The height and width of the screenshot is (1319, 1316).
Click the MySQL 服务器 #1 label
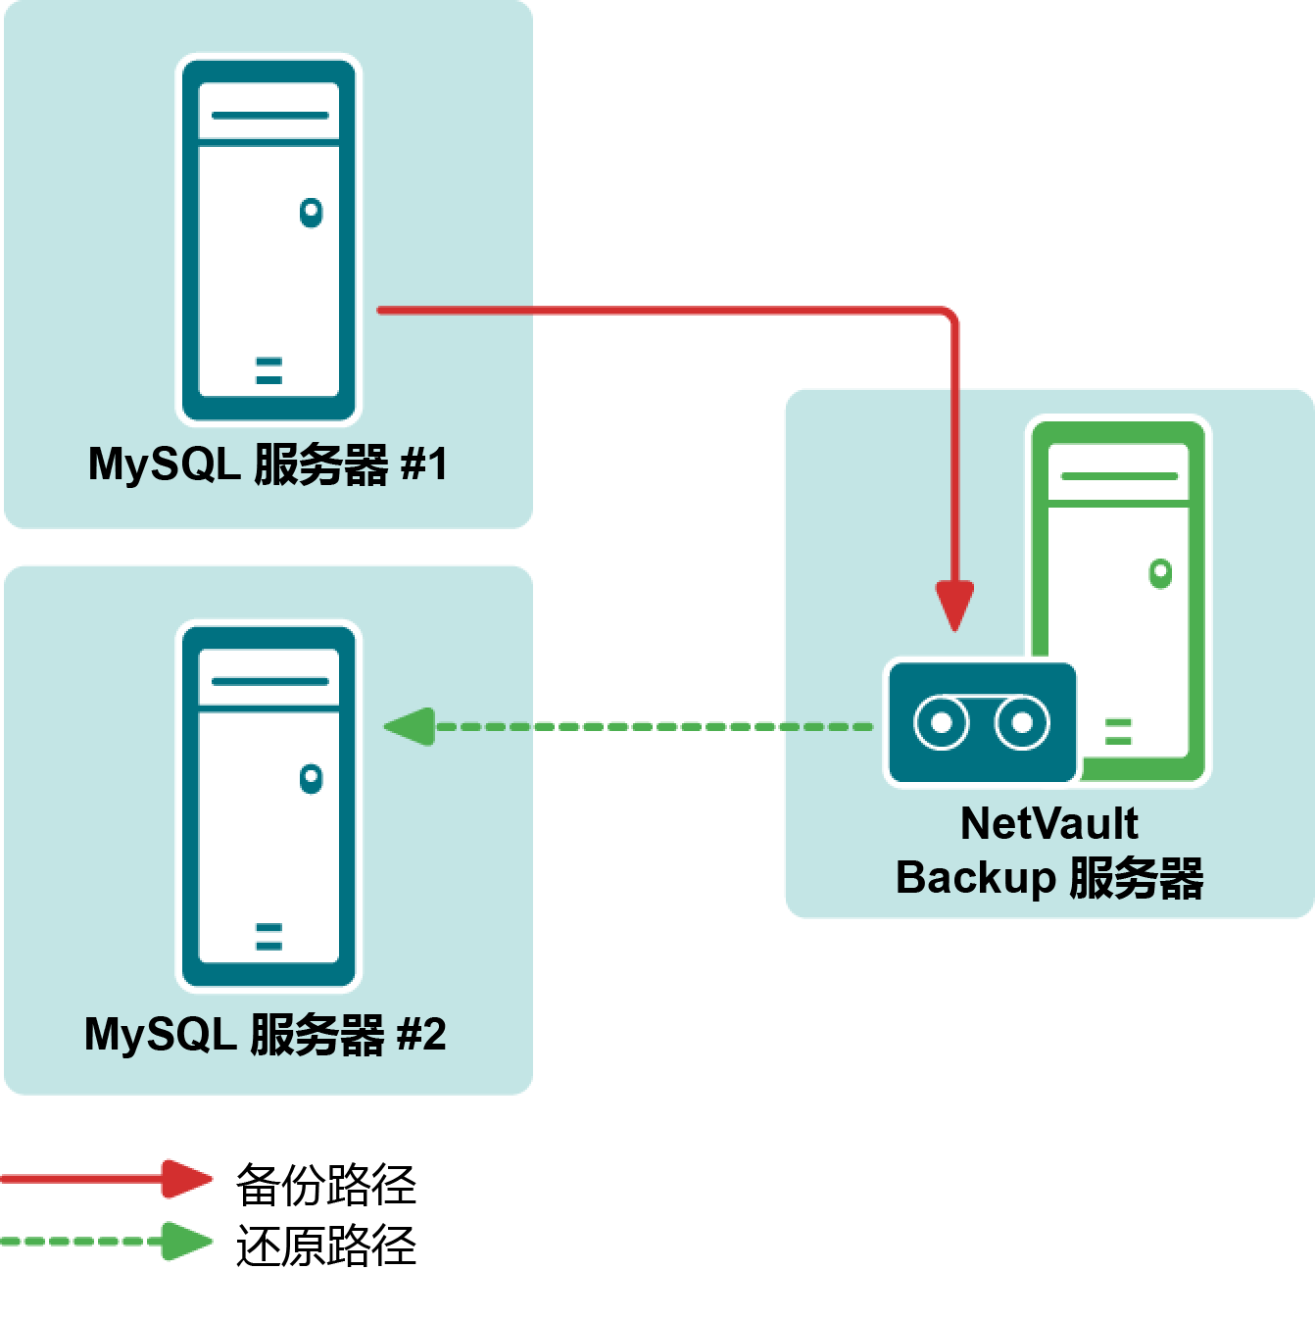coord(268,464)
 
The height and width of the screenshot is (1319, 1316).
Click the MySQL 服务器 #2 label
coord(266,1034)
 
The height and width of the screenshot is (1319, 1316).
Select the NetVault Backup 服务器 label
coord(1049,851)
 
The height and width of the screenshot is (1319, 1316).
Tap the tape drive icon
coord(981,723)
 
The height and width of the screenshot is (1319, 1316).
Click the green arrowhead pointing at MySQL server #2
coord(409,726)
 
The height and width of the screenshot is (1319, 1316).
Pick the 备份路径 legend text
coord(325,1184)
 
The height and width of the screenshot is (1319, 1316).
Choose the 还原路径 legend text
coord(325,1246)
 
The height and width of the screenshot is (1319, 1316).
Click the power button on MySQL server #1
coord(311,212)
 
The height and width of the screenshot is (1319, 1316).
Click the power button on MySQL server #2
coord(311,778)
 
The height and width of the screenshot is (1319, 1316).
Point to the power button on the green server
coord(1160,572)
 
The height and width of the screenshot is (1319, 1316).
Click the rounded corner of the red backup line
coord(949,316)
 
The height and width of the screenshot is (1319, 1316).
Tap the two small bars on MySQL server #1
coord(268,370)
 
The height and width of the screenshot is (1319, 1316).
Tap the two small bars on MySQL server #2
coord(268,937)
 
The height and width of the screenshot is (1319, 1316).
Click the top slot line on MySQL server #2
coord(269,681)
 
